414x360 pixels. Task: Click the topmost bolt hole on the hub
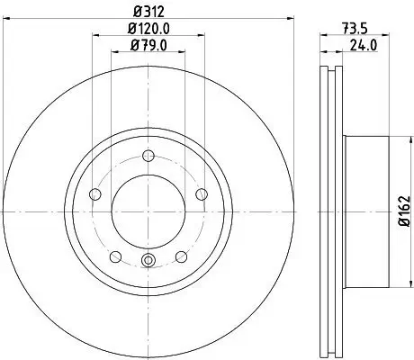pyautogui.click(x=148, y=156)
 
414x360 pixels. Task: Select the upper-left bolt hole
pyautogui.click(x=95, y=193)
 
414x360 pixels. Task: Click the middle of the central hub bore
pyautogui.click(x=148, y=211)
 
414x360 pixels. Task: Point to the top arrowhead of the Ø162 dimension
pyautogui.click(x=396, y=140)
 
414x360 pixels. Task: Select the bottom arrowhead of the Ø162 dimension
pyautogui.click(x=396, y=284)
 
